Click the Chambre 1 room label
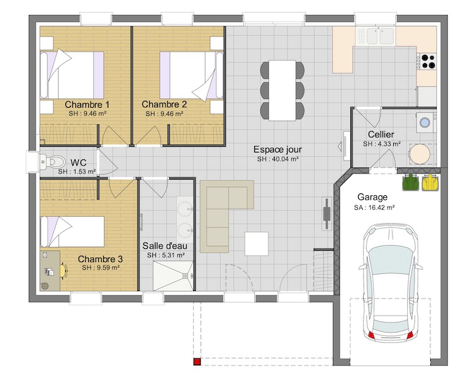(87, 105)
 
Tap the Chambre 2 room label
(164, 105)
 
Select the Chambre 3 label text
(100, 259)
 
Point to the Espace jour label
(277, 149)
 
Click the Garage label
(372, 197)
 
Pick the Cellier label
(381, 134)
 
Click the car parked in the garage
(390, 283)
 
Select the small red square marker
(197, 362)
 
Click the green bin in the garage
(410, 183)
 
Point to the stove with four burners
(427, 61)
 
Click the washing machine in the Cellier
(426, 123)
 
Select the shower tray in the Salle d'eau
(173, 276)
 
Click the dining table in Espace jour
(282, 90)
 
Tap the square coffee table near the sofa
(256, 244)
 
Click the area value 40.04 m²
(278, 159)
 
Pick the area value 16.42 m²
(374, 207)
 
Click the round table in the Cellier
(420, 154)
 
